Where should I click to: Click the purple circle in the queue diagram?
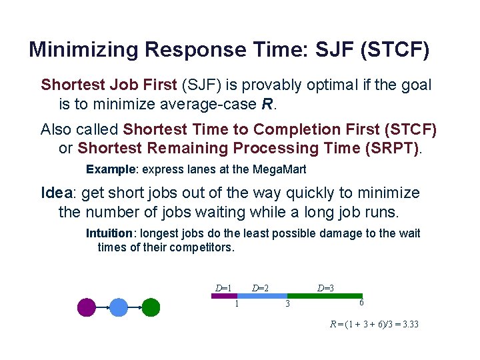[87, 307]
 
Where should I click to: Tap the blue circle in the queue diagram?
[119, 307]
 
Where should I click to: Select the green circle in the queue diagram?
[151, 307]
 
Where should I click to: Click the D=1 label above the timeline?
[223, 289]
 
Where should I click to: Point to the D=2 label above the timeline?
[260, 289]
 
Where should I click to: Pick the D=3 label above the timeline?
[325, 289]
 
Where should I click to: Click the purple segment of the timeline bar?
[224, 295]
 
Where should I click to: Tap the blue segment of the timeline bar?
[262, 295]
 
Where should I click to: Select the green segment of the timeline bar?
[325, 295]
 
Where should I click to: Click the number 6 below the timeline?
[361, 303]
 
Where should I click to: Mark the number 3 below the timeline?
[287, 305]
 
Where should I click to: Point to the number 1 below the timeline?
[237, 304]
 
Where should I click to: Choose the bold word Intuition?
[109, 233]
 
